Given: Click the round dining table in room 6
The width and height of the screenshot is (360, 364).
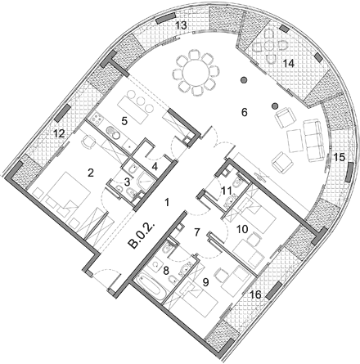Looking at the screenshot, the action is pos(196,73).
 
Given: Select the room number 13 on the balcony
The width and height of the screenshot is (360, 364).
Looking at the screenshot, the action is pos(181,25).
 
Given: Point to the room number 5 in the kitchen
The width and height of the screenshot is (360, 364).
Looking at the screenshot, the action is pos(124,121).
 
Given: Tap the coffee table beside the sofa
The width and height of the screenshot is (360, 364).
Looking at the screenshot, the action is pos(295,141).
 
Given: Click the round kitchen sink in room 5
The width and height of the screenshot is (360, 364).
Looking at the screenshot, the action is pos(113,133).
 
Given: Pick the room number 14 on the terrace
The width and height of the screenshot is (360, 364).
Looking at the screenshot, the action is pos(289,64).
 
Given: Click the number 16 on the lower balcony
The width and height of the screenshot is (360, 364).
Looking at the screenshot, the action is pos(255,294).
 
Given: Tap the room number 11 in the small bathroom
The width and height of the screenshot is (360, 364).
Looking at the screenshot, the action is pos(227,191).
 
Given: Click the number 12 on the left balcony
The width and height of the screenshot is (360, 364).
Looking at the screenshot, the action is pos(59,133).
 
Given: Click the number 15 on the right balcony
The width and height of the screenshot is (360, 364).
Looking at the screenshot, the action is pos(340,157).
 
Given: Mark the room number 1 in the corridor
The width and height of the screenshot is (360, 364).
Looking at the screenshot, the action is pos(168,202).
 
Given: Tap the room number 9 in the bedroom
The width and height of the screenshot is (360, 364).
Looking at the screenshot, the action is pos(206,282).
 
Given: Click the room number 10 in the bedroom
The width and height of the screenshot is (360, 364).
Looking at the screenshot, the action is pos(242,229).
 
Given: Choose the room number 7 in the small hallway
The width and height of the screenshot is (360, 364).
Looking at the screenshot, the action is pos(197,232).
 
